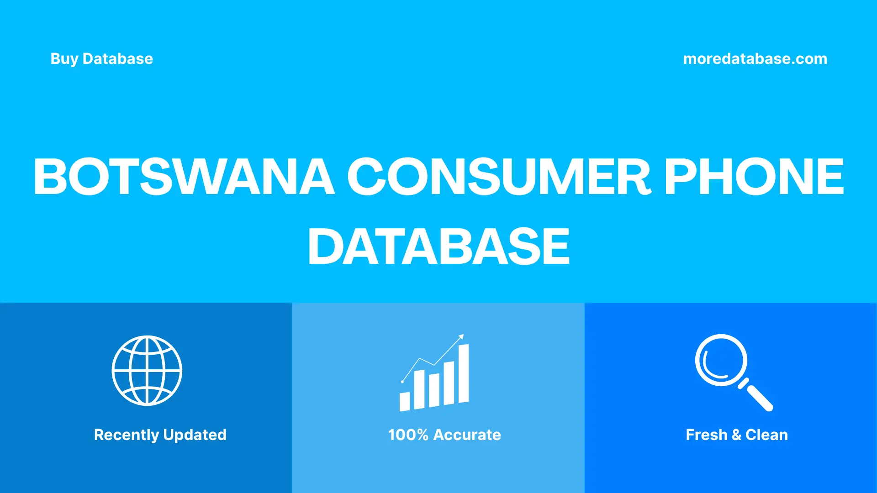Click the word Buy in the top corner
coord(64,59)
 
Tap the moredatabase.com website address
coord(755,59)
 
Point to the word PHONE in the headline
coord(754,177)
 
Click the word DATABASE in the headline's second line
coord(438,246)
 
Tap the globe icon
coord(147,370)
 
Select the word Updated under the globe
coord(195,435)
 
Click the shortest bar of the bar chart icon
coord(404,401)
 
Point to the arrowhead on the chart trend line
coord(461,337)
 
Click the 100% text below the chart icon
coord(408,435)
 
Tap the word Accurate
coord(467,435)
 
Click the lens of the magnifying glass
coord(721,360)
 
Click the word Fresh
coord(706,435)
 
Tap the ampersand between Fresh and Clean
coord(736,435)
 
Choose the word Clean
coord(766,435)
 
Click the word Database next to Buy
coord(118,59)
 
